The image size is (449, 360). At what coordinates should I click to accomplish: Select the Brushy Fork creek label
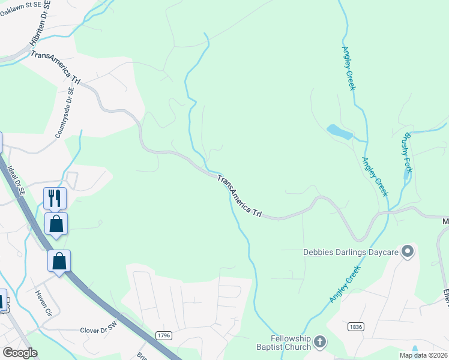[x=408, y=151]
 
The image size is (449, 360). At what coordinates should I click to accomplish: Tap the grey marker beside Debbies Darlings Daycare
[x=408, y=251]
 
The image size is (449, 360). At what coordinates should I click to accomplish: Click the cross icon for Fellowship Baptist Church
[x=320, y=342]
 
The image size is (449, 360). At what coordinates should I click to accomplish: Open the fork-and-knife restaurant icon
[x=55, y=197]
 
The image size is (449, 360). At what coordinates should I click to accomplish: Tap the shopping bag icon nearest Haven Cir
[x=59, y=261]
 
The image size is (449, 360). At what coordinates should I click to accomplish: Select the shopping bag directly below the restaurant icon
[x=56, y=224]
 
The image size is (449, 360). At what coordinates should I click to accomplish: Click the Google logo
[x=20, y=353]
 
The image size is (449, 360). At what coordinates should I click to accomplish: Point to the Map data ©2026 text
[x=422, y=355]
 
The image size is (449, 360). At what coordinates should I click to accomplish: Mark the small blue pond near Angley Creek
[x=339, y=131]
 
